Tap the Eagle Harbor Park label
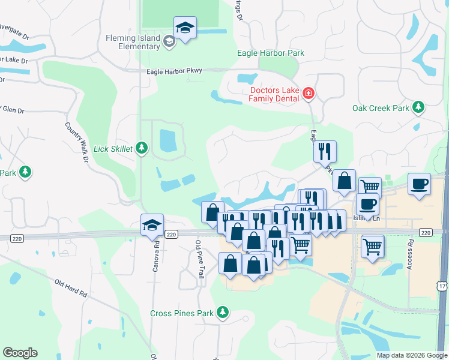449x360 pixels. [x=271, y=53]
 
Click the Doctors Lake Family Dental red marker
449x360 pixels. [x=309, y=94]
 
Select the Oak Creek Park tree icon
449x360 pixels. [x=418, y=108]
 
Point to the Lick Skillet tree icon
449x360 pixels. [x=142, y=148]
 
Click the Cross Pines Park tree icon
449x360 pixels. [x=223, y=313]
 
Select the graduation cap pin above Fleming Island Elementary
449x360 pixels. [x=185, y=28]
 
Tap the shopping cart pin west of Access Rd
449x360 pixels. [x=373, y=245]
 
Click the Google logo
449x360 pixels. [x=20, y=353]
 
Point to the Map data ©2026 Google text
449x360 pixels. [x=411, y=355]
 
